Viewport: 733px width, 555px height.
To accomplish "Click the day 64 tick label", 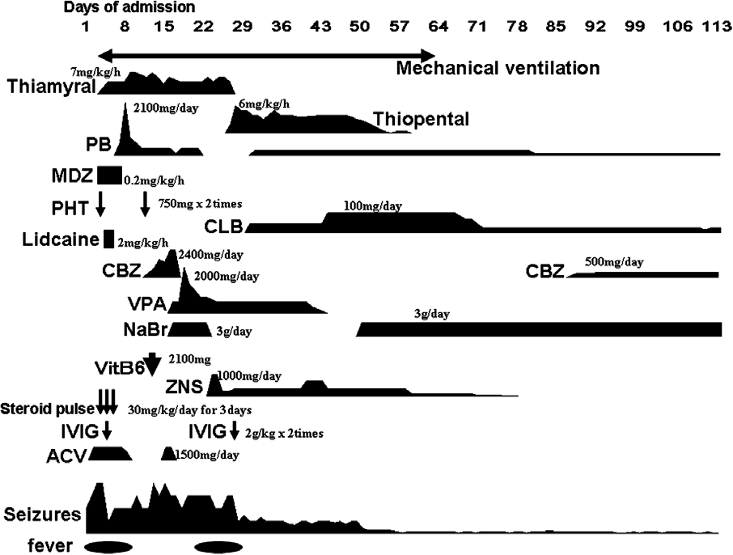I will (x=438, y=26).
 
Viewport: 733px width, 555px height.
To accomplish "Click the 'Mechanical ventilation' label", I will (x=498, y=68).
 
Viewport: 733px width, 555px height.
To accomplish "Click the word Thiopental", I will (x=422, y=120).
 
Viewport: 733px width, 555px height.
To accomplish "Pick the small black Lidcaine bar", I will (x=109, y=239).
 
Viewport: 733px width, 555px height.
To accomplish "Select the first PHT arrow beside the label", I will (x=100, y=205).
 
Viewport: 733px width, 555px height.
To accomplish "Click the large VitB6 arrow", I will (x=152, y=363).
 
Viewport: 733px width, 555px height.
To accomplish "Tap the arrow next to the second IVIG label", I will (x=235, y=429).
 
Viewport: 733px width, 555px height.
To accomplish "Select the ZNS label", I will (x=184, y=387).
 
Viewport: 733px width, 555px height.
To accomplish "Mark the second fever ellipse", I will (x=218, y=546).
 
